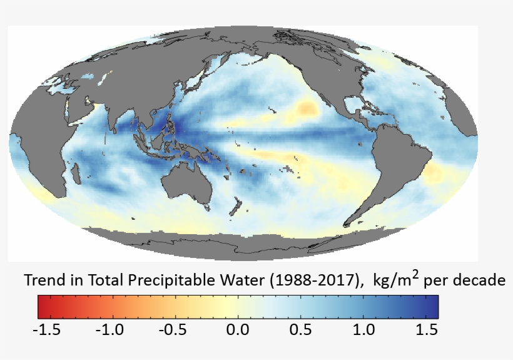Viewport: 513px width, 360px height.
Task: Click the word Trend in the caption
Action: (43, 280)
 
